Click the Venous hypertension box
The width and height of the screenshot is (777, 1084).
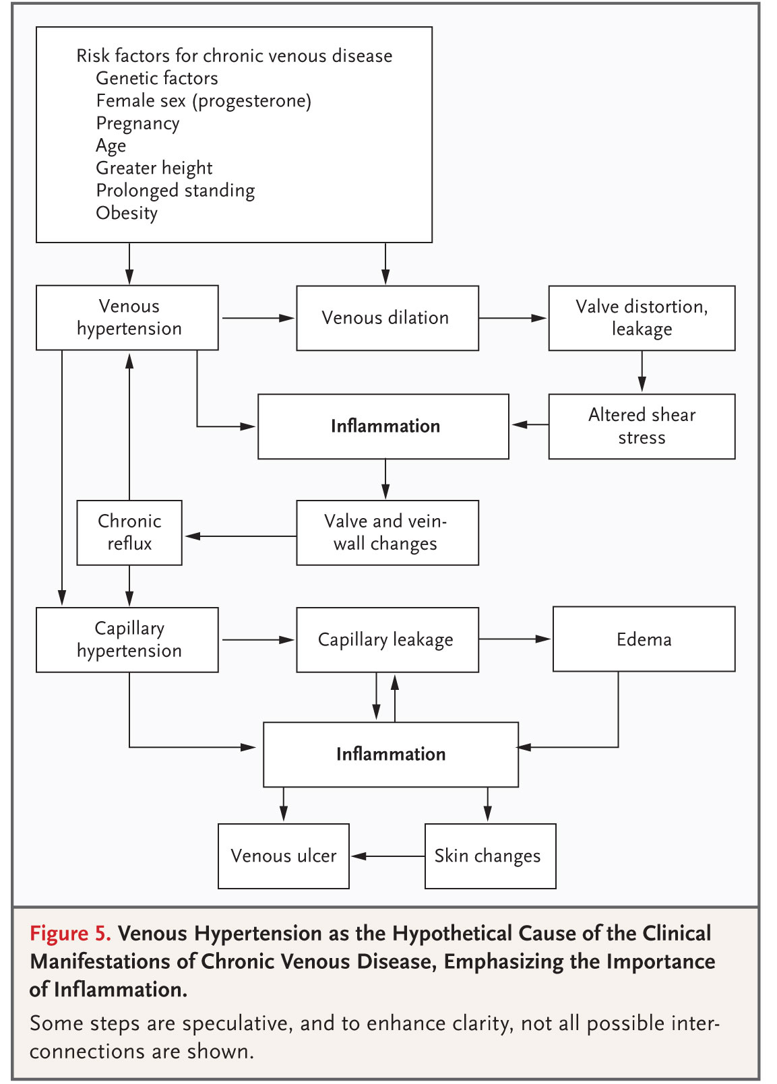tap(127, 317)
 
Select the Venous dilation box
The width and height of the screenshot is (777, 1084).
tap(387, 318)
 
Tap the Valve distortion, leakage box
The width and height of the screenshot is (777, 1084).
tap(642, 318)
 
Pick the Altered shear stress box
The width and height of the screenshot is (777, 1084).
tap(642, 426)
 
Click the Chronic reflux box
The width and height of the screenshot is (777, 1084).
tap(129, 533)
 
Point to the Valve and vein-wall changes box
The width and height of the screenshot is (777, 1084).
tap(387, 533)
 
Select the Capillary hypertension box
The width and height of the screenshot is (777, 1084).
tap(127, 640)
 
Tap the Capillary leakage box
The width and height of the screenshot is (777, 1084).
tap(387, 640)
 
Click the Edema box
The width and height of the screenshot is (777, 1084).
tap(644, 639)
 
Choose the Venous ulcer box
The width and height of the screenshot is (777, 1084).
tap(284, 856)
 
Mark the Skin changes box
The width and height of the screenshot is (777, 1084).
tap(491, 856)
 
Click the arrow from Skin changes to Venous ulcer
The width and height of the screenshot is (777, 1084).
tap(387, 856)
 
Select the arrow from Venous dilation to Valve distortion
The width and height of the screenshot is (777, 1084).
tap(513, 318)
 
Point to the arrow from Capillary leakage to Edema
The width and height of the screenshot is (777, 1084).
tap(515, 639)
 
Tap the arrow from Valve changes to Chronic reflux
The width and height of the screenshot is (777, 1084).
tap(241, 536)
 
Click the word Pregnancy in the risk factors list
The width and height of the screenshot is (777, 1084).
tap(137, 124)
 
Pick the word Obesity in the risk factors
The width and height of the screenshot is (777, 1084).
tap(126, 214)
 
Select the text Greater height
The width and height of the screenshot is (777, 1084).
tap(154, 168)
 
